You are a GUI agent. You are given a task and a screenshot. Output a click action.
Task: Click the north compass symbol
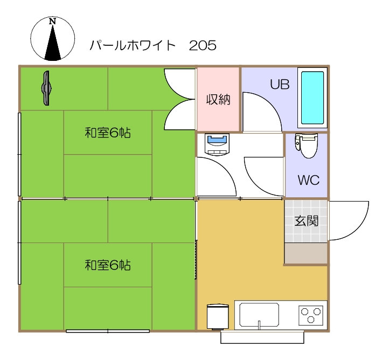[x=53, y=39]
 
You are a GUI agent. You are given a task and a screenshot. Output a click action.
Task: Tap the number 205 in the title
[x=203, y=46]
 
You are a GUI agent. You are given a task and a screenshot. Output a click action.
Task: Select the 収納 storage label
[x=218, y=100]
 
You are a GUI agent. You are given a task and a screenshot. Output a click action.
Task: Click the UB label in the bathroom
[x=280, y=84]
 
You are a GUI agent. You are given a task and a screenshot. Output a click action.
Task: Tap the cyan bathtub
[x=312, y=98]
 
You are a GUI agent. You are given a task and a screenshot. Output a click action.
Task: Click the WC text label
[x=308, y=180]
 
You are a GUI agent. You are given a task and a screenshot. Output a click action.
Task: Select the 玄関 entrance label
[x=306, y=220]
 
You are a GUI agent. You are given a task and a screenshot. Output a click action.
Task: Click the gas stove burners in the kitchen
[x=311, y=314]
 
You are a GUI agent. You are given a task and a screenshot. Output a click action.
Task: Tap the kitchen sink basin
[x=259, y=314]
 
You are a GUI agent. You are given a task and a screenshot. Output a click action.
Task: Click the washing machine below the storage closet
[x=218, y=144]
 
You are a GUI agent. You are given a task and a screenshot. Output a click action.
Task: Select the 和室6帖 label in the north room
[x=108, y=133]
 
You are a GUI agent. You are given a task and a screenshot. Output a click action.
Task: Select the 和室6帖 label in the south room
[x=108, y=265]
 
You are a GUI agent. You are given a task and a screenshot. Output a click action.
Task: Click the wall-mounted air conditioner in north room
[x=47, y=88]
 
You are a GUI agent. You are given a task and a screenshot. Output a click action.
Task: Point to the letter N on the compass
[x=52, y=22]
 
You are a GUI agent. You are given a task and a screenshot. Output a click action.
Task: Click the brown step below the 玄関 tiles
[x=306, y=253]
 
